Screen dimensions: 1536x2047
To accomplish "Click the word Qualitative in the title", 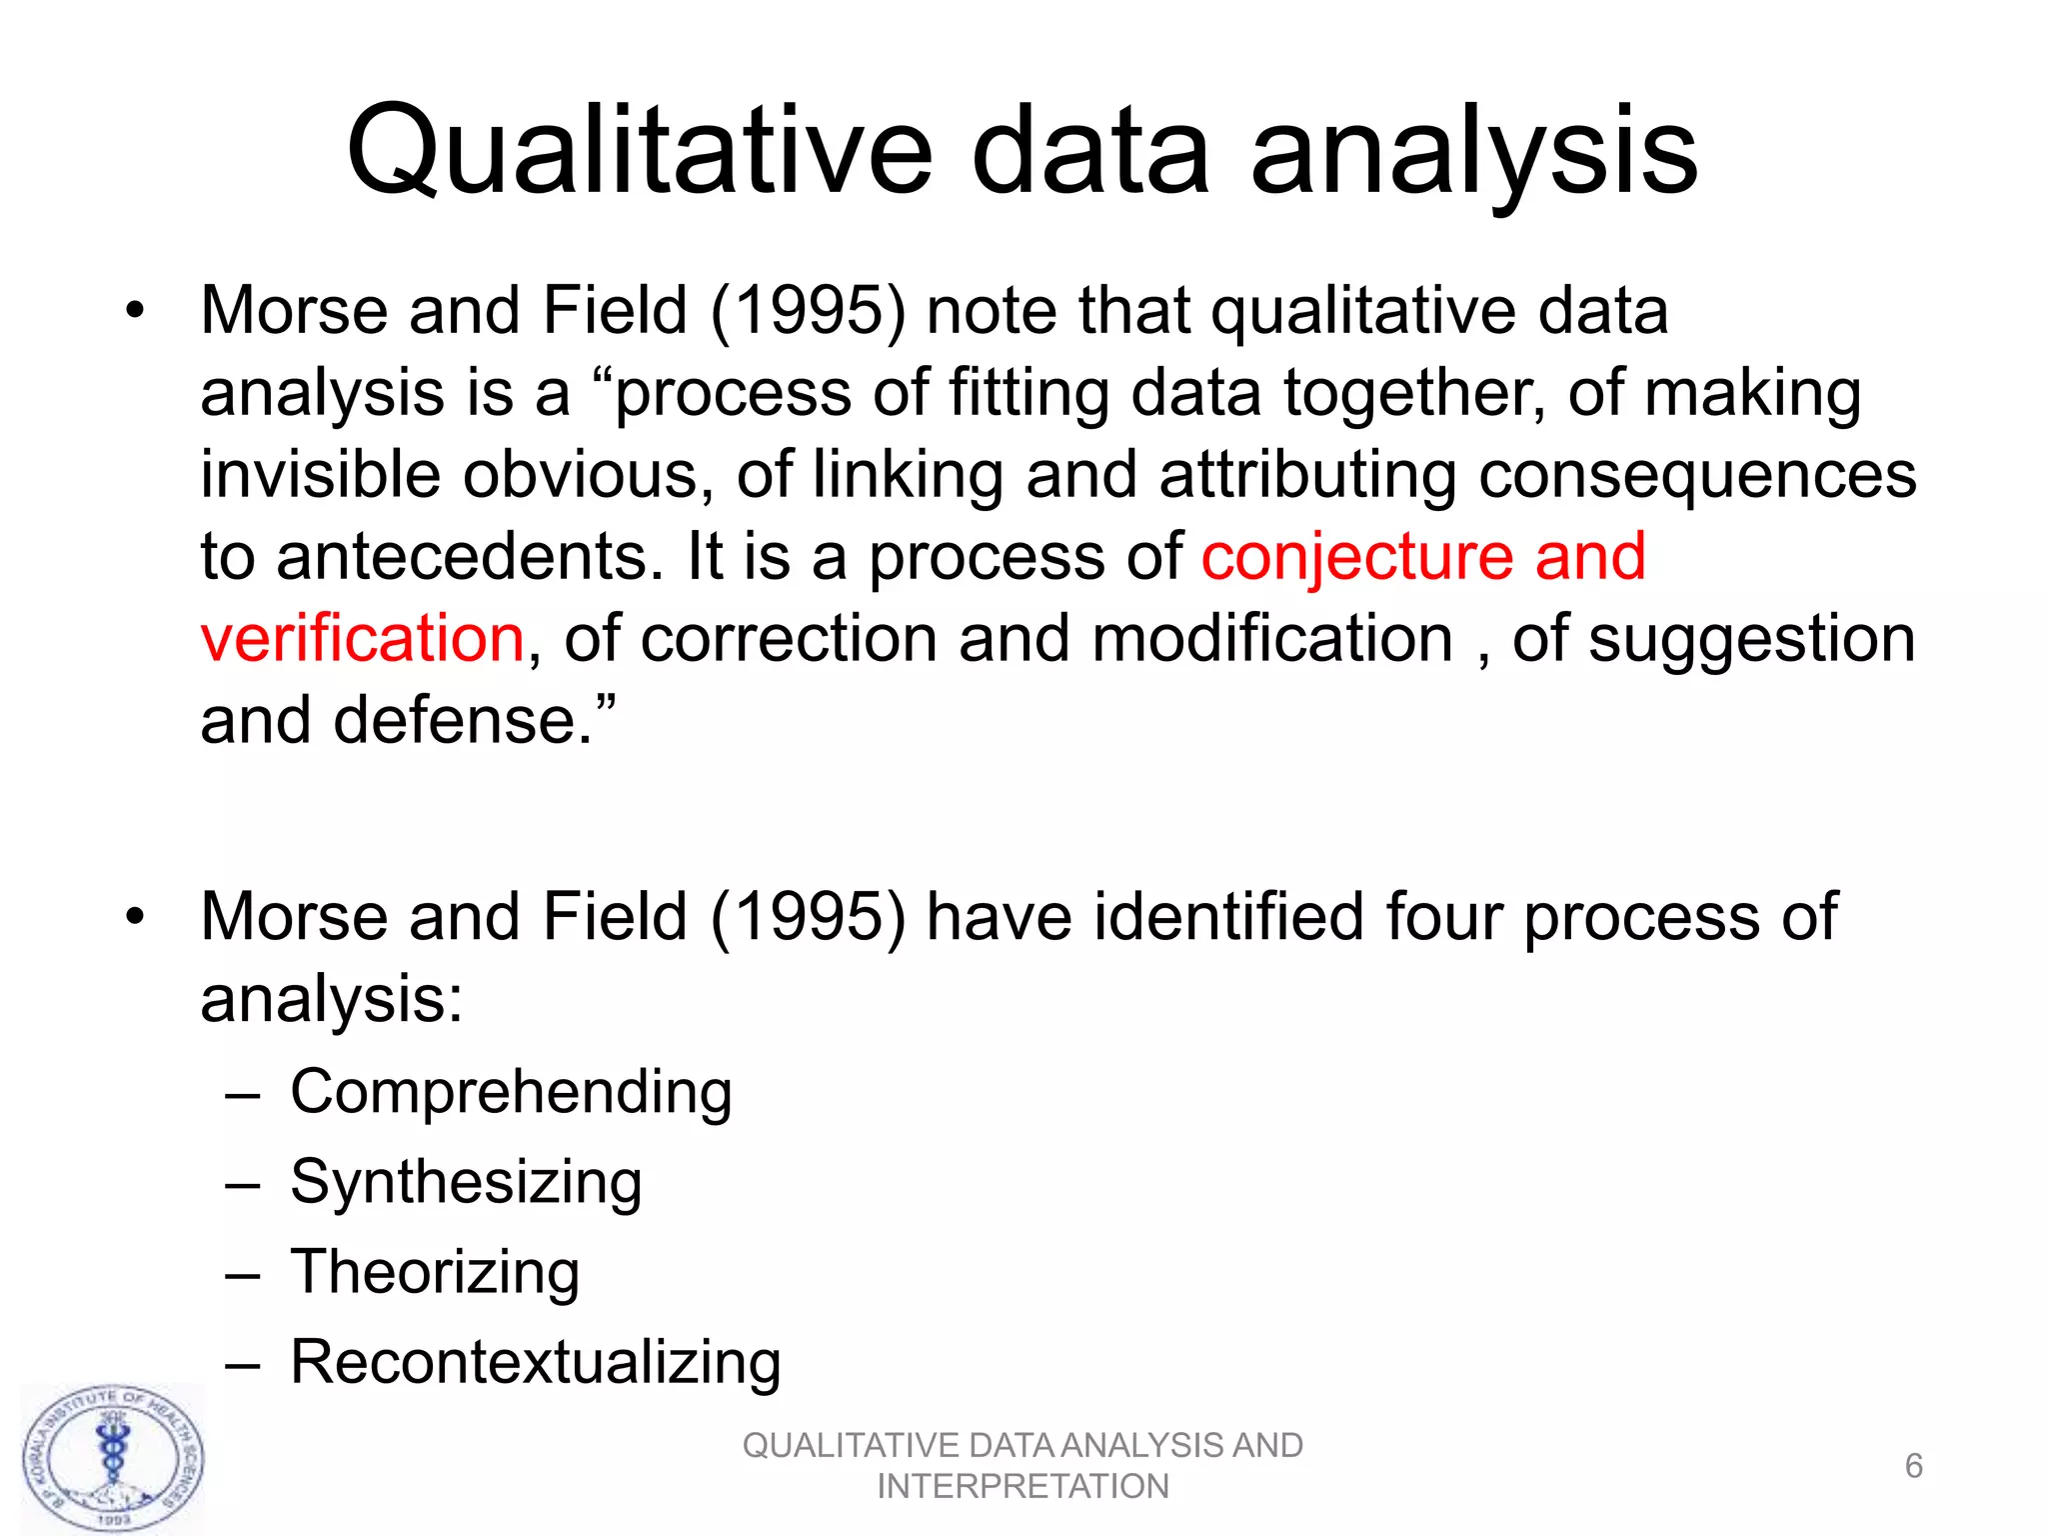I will coord(640,152).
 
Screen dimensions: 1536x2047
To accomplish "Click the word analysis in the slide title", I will coord(1473,152).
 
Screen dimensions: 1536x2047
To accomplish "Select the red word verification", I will coord(362,639).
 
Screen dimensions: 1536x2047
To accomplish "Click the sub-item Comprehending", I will coord(511,1092).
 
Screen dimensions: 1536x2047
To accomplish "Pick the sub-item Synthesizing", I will coord(466,1183).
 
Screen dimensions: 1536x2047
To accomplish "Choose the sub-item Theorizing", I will coord(435,1273).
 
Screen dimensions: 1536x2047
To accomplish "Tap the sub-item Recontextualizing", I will coord(536,1363).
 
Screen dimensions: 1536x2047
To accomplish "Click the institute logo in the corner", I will coord(113,1459).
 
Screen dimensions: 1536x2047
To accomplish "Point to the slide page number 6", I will coord(1913,1466).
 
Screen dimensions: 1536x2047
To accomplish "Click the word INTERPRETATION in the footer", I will coord(1023,1487).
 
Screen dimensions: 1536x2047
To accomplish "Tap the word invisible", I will coord(320,475).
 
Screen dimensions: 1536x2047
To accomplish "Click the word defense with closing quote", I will coord(475,721).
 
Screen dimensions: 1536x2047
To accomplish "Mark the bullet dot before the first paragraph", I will coord(135,311).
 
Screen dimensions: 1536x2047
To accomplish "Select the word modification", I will coord(1272,639).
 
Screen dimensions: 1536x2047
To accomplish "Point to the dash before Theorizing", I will coord(243,1276).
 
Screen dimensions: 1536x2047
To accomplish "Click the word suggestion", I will coord(1751,641).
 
